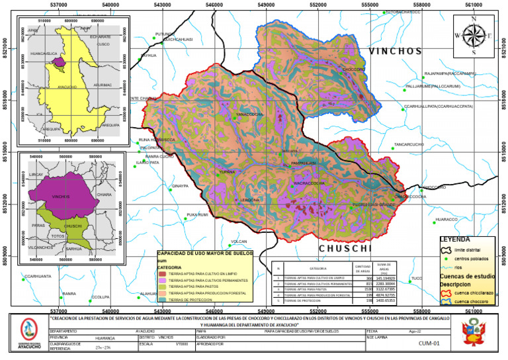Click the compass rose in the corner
coord(474,34)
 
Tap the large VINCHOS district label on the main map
coord(395,51)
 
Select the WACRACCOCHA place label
coord(308,183)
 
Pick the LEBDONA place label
coord(249,200)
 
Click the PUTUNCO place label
coord(165,34)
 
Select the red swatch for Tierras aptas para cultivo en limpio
coord(163,273)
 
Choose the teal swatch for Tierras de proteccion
coord(163,299)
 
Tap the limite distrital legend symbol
coord(446,249)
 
